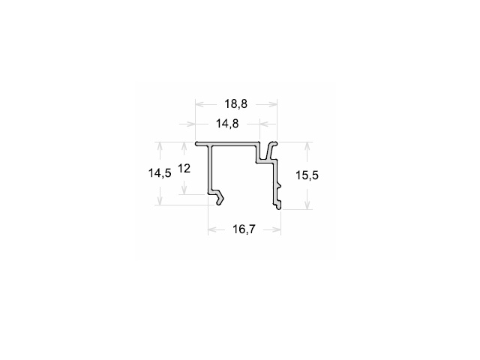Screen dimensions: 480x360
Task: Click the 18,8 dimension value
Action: pos(235,104)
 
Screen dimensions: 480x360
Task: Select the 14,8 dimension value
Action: pos(227,124)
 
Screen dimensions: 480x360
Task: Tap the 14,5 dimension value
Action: pos(160,173)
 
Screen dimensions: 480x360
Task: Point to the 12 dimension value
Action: pos(184,168)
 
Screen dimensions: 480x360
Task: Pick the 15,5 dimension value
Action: pos(307,175)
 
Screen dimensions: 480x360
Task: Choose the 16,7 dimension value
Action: pos(244,229)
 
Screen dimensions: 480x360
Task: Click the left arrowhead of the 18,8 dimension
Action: pos(199,104)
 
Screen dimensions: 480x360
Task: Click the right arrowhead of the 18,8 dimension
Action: pos(273,104)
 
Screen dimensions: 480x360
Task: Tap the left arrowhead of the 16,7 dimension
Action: pos(212,229)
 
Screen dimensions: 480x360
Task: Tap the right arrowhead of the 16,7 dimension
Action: pos(277,229)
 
